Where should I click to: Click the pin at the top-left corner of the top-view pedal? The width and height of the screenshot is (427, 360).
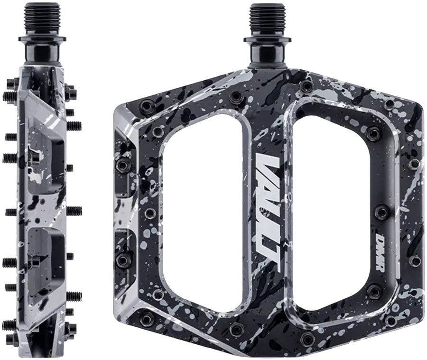click(x=148, y=107)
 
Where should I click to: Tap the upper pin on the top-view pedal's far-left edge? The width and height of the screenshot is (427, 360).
click(x=123, y=165)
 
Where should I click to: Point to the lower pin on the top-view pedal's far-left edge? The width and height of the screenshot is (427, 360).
click(x=123, y=260)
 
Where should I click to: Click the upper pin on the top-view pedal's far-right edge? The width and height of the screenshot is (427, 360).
click(x=414, y=164)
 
